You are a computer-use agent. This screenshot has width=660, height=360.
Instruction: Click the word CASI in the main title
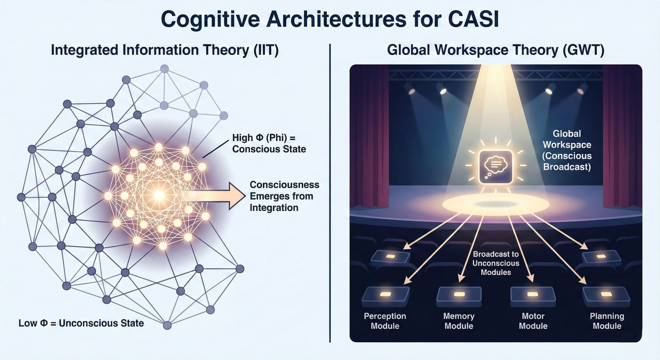(474, 19)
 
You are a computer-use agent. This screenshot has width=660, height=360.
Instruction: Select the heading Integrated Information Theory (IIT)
(165, 50)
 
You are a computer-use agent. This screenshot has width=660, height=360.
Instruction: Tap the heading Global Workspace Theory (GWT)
(495, 50)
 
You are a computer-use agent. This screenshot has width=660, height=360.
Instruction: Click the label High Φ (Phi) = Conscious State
(269, 143)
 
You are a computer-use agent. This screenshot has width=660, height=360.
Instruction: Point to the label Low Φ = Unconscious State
(81, 323)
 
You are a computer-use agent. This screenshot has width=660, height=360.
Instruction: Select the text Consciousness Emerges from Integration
(284, 196)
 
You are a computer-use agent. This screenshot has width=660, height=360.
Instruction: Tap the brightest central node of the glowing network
(159, 195)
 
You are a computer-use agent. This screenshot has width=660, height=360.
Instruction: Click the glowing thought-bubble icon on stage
(496, 167)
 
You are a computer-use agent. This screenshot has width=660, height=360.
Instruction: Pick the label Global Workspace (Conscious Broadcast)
(567, 150)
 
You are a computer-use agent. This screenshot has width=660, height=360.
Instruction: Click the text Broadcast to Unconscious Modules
(496, 263)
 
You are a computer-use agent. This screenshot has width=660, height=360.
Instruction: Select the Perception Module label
(385, 321)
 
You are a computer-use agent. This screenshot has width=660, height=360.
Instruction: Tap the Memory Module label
(459, 321)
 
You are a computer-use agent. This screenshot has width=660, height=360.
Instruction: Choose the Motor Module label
(533, 321)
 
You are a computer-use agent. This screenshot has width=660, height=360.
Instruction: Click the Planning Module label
(607, 321)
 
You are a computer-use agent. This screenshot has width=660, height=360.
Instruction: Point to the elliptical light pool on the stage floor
(496, 205)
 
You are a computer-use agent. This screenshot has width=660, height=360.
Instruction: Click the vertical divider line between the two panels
(330, 193)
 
